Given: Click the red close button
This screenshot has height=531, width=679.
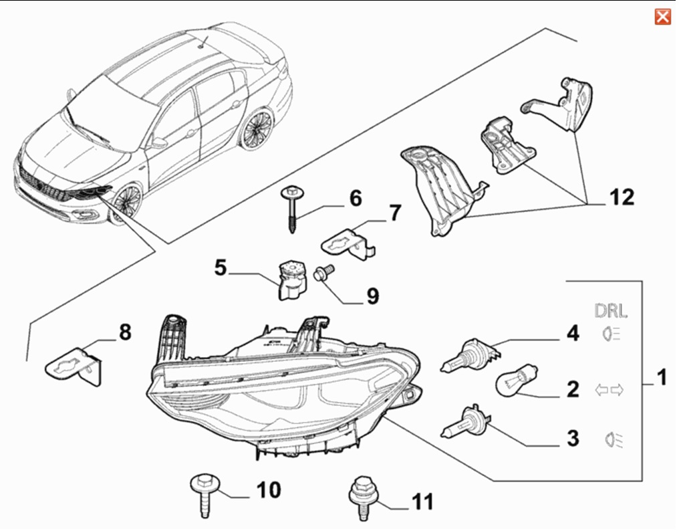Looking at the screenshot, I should click(662, 17).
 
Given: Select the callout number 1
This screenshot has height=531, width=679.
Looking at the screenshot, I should click(660, 379).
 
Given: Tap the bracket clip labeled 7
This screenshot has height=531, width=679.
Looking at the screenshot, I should click(348, 242).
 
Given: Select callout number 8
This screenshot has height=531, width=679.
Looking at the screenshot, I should click(125, 332).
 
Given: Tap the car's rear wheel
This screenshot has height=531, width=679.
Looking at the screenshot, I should click(257, 128).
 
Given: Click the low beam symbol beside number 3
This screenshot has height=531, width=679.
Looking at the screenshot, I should click(612, 439).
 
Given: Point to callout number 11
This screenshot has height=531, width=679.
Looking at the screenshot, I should click(423, 501).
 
